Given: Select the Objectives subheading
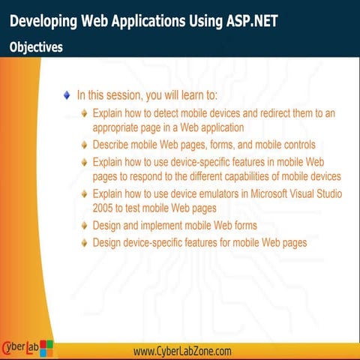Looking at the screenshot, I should (36, 46).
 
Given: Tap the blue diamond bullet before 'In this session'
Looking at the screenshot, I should (67, 95).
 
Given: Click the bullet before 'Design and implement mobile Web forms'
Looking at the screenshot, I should (85, 226).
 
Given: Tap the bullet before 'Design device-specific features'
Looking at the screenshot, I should (85, 243).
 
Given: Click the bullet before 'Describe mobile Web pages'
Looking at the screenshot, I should (85, 145).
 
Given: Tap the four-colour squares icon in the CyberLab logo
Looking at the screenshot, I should (46, 347).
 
